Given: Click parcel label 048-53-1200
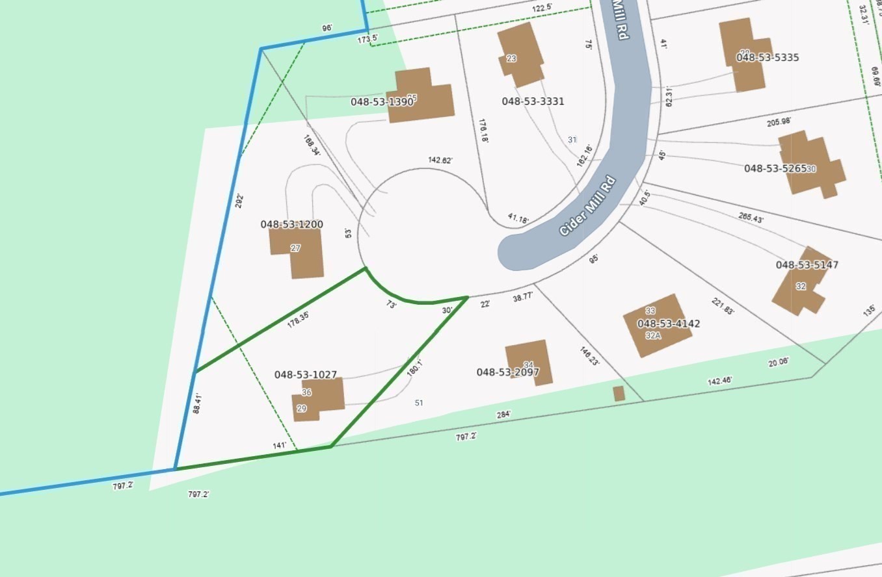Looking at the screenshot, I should [291, 225].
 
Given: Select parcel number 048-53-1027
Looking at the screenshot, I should [305, 375].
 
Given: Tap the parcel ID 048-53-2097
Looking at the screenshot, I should [507, 372].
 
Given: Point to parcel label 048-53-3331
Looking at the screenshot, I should [533, 101].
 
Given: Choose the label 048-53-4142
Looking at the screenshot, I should [668, 324].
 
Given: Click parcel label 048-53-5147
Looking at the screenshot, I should [807, 265].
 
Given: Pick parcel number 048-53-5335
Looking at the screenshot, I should [768, 58].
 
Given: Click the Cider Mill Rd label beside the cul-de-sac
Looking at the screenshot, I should [587, 205].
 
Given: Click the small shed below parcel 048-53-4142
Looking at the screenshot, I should [619, 394].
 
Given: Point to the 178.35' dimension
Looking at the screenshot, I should [298, 320].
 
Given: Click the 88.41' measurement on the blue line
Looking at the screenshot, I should [197, 403].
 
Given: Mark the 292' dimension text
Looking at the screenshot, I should [239, 200].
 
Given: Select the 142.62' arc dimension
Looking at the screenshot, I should [440, 160].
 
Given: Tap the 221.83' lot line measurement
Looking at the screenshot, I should [723, 306].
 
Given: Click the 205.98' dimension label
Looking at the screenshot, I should [779, 122].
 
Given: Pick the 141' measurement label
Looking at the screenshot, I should [279, 445].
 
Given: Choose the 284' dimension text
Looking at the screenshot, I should [503, 414].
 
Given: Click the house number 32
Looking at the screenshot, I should [801, 287].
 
